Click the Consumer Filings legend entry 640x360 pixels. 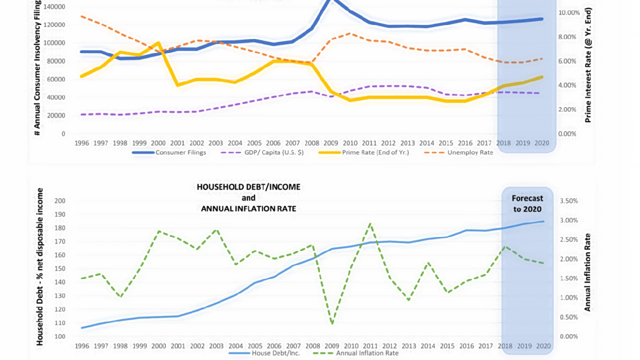(x=180, y=152)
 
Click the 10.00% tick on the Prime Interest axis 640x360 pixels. (x=569, y=12)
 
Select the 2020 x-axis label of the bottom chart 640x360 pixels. (x=544, y=345)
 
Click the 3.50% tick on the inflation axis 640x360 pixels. (x=569, y=201)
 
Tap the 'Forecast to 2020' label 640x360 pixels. (x=527, y=203)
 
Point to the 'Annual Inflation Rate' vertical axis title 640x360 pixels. (x=588, y=272)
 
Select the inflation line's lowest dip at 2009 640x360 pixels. (x=332, y=323)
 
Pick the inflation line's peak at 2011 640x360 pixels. (x=369, y=223)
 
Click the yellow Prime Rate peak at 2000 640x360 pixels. (x=158, y=43)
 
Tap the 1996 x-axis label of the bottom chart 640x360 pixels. (x=82, y=345)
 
